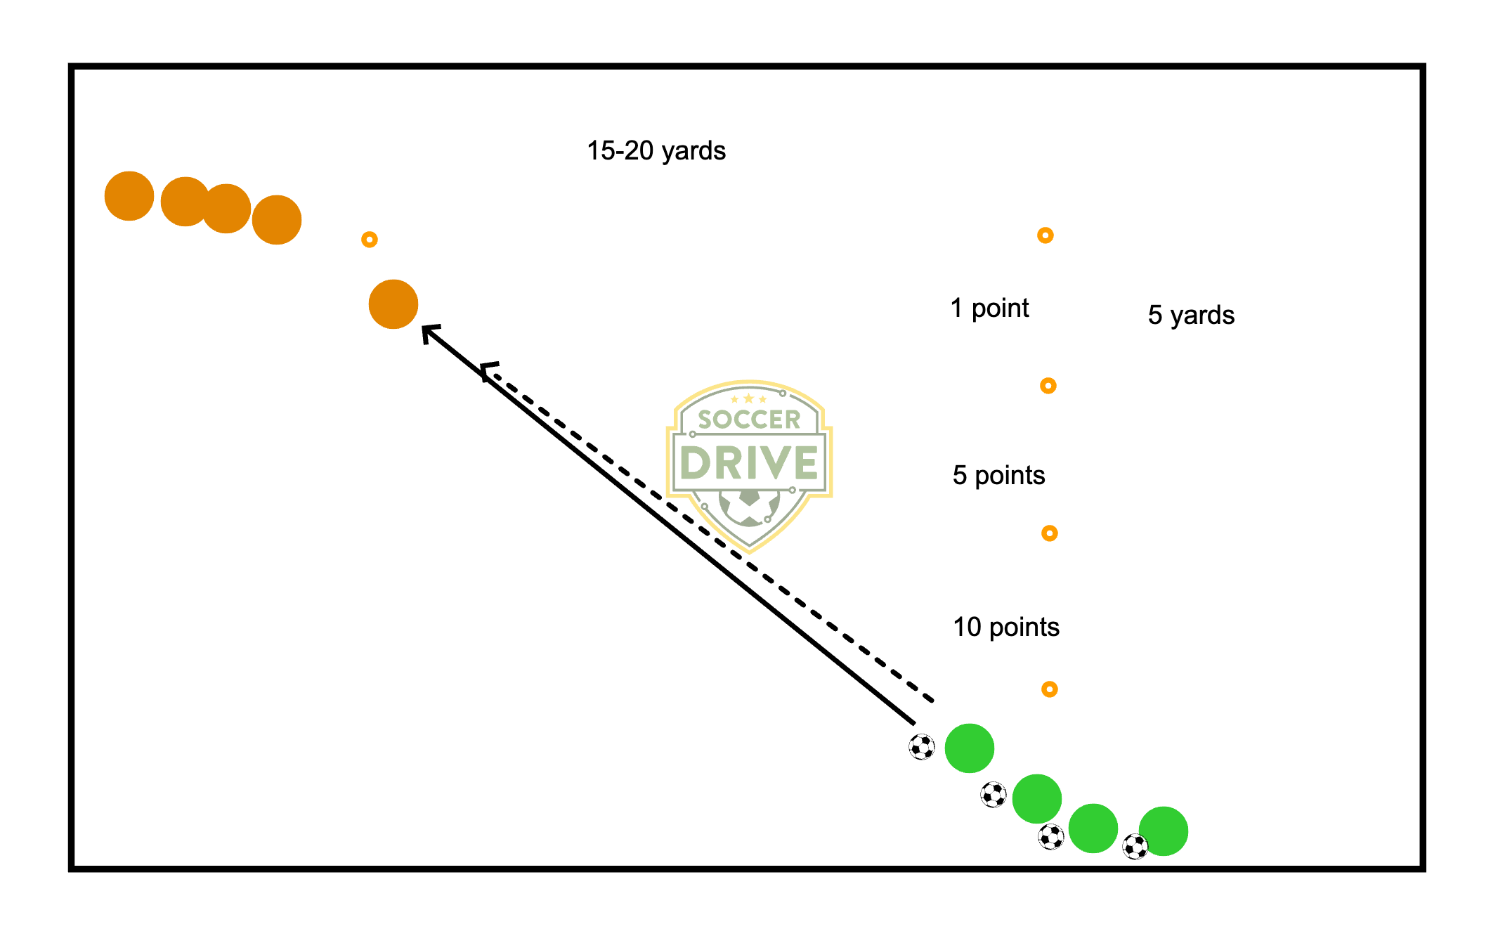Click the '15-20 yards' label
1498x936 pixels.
[656, 151]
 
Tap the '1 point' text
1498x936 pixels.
[989, 308]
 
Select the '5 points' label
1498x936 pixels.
[998, 476]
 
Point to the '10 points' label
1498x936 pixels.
[1005, 628]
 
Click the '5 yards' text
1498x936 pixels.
[1191, 316]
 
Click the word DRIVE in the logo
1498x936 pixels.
[749, 463]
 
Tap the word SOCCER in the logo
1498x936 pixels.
[749, 420]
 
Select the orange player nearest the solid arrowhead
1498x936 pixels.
[393, 304]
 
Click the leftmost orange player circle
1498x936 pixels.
[129, 196]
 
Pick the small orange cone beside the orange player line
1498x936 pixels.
[370, 240]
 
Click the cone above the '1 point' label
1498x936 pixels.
[1046, 235]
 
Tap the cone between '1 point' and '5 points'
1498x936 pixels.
[1048, 386]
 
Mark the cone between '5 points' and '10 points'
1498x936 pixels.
[1050, 533]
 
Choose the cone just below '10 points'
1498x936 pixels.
[1050, 689]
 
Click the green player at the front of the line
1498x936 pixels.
[970, 748]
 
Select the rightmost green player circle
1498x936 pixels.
[1164, 831]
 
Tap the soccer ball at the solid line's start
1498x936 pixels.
[922, 747]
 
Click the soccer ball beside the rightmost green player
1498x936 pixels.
[1135, 847]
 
